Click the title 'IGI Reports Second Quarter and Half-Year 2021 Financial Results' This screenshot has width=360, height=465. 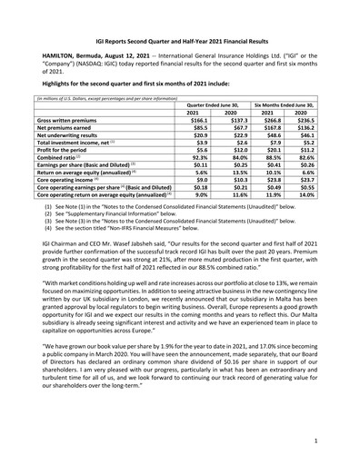(179, 42)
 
